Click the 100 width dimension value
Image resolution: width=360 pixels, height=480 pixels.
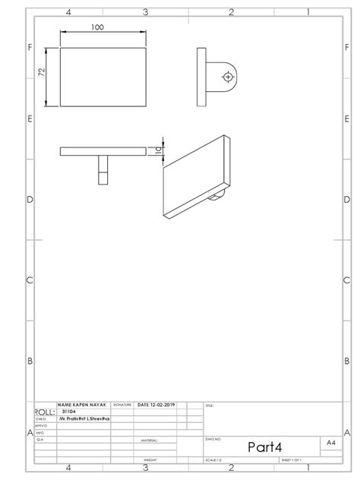(x=97, y=27)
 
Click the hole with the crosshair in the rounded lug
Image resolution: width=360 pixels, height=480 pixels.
(x=227, y=77)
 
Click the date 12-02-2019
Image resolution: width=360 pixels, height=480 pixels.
(x=157, y=406)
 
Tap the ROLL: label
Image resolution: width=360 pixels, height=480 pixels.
(x=45, y=412)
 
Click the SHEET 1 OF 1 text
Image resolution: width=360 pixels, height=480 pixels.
(x=292, y=461)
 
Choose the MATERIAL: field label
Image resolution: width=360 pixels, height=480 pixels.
(x=149, y=441)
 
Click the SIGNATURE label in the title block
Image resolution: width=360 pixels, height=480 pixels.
(x=122, y=406)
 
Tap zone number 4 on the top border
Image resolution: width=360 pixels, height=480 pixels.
(x=68, y=12)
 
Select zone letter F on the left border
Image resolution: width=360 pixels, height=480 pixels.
(x=30, y=48)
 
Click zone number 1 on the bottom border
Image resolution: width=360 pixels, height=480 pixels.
(x=308, y=469)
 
